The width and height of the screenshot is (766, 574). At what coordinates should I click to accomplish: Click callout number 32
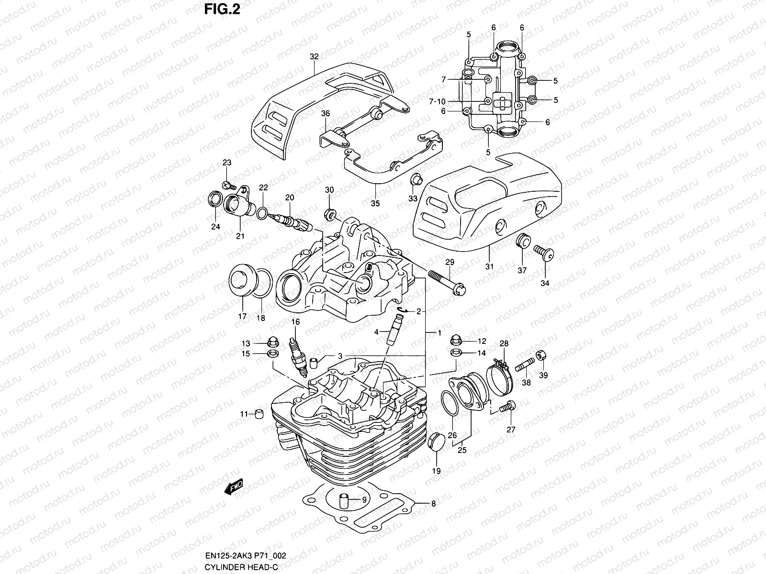point(314,56)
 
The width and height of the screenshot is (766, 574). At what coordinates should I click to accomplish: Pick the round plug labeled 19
point(437,440)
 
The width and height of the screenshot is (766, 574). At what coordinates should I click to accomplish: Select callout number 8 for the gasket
point(434,503)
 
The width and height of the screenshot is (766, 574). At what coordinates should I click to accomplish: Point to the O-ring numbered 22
point(262,212)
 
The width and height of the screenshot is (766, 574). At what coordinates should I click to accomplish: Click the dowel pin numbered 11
point(259,413)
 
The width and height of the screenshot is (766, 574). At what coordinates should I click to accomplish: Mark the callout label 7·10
point(437,101)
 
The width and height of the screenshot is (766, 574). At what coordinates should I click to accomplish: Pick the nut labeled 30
point(329,214)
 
